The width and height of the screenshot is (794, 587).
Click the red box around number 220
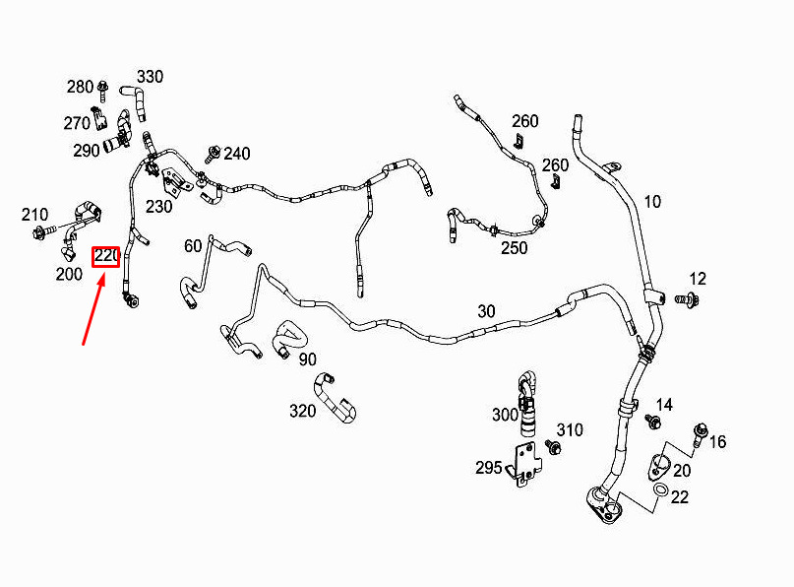(106, 256)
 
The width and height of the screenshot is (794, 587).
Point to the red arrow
(94, 308)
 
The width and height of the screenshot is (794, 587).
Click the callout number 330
(150, 77)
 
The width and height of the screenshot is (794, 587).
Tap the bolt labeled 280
(102, 91)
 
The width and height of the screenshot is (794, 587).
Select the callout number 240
(237, 154)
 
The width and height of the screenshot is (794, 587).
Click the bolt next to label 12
(687, 299)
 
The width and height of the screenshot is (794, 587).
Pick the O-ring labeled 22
(660, 490)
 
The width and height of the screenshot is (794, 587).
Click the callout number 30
(486, 311)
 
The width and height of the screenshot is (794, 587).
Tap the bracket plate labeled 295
(526, 464)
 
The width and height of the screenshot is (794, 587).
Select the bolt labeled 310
(553, 446)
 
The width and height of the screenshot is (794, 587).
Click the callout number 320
(303, 411)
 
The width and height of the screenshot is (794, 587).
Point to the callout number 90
(307, 359)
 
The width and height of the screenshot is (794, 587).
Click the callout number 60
(193, 246)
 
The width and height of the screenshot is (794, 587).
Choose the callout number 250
(514, 248)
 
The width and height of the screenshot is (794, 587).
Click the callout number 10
(652, 202)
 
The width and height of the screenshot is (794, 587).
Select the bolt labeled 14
(652, 421)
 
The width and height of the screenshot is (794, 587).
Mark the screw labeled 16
(700, 434)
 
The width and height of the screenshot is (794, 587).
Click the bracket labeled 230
(174, 181)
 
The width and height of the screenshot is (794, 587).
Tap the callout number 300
(506, 415)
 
